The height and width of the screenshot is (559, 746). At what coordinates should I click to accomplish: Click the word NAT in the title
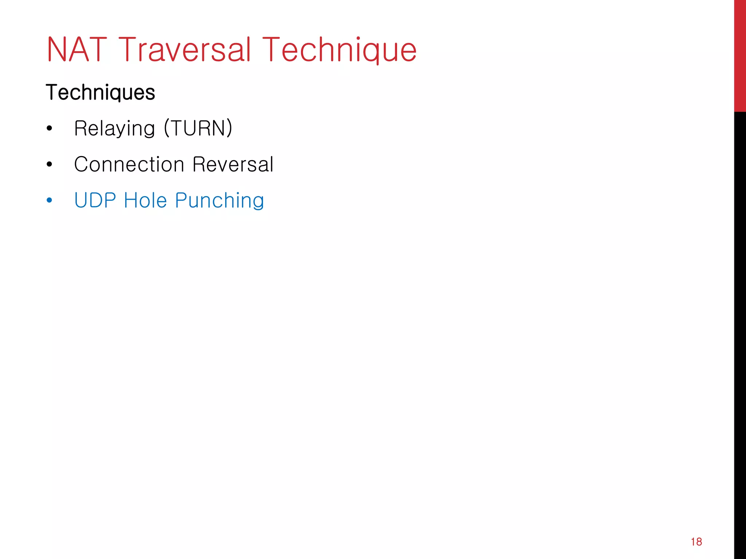coord(77,49)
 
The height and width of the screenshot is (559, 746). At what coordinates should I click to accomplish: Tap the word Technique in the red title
coord(339,50)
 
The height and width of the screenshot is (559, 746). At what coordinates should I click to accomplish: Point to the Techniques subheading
coord(101,92)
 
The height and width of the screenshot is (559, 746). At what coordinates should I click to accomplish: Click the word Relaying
coord(115,128)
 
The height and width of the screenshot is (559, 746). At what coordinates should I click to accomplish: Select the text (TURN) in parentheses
coord(198,128)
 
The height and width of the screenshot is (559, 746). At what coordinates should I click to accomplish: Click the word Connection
coord(129,164)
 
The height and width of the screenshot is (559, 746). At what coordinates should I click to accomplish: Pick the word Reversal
coord(233,164)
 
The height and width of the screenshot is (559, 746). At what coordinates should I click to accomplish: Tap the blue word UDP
coord(95,200)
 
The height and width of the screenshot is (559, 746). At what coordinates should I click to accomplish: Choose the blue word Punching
coord(219,201)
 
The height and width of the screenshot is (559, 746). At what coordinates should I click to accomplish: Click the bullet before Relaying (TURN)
coord(50,128)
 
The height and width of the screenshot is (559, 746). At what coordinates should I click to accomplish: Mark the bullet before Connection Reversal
coord(50,164)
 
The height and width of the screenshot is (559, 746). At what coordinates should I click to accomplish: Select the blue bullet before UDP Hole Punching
coord(50,200)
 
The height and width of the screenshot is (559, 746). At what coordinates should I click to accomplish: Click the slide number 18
coord(696,542)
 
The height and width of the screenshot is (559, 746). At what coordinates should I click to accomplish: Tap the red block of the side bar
coord(740,55)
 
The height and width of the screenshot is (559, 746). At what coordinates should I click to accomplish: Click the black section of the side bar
coord(740,328)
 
